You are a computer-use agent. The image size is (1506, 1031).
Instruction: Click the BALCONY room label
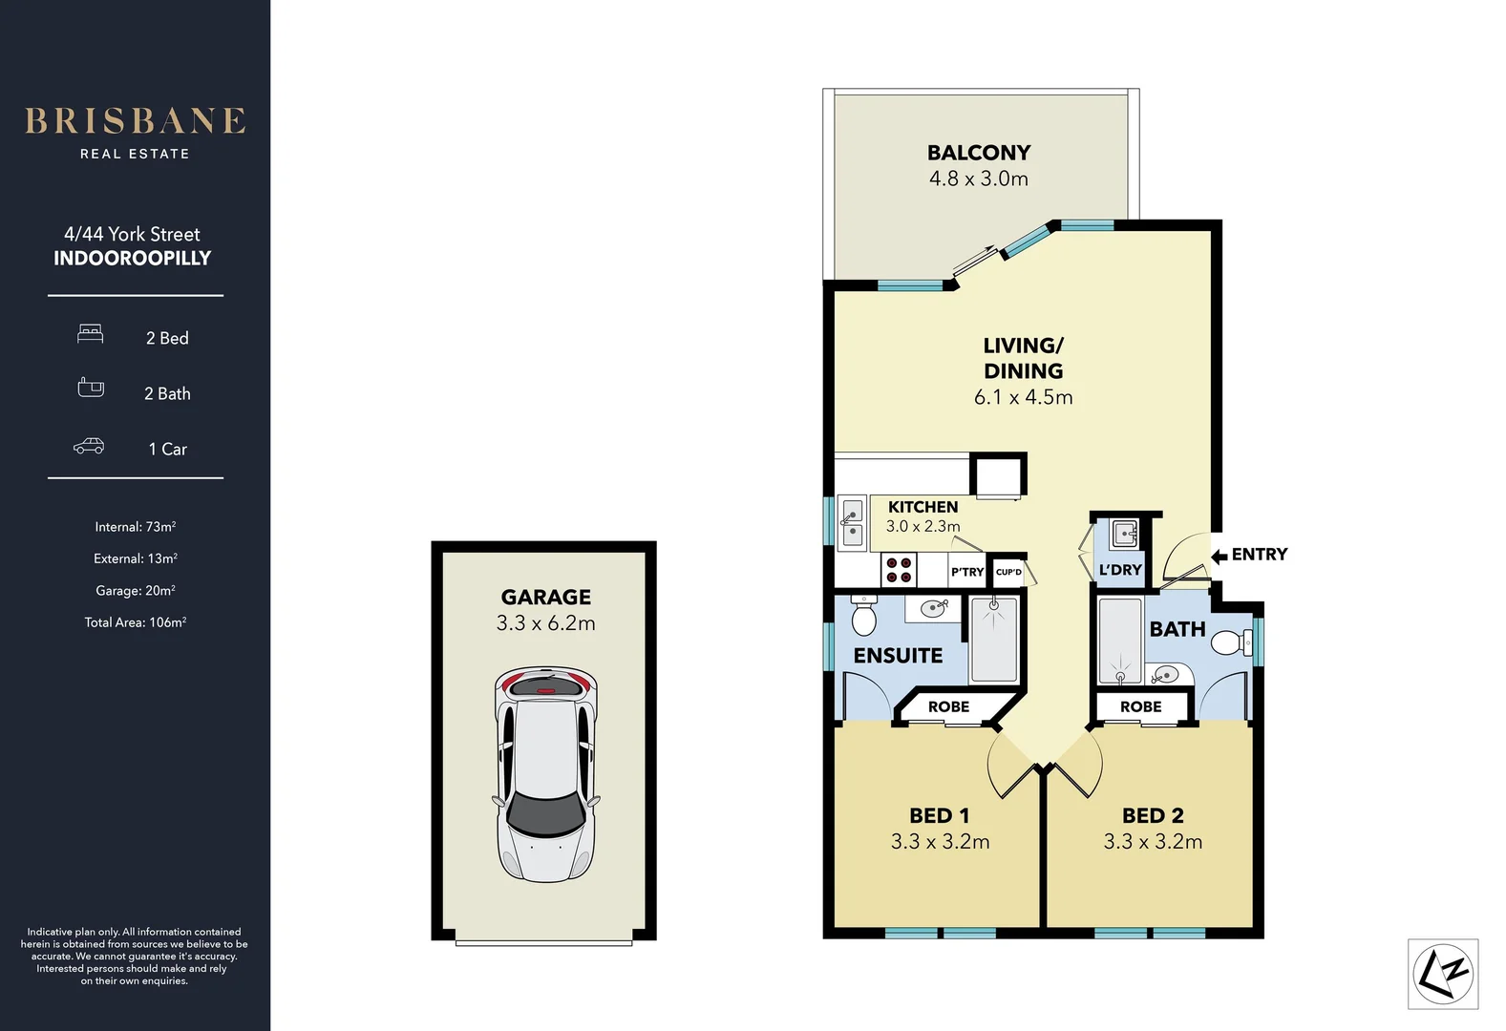978,153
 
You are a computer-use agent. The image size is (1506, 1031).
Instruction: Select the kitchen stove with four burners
899,570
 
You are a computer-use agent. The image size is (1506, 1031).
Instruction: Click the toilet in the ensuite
863,615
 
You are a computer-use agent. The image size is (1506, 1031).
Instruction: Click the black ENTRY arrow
1220,556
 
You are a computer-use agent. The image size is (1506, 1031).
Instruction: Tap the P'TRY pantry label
966,572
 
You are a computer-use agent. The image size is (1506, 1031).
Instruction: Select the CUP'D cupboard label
1008,572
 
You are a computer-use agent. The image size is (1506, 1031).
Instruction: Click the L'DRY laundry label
1120,570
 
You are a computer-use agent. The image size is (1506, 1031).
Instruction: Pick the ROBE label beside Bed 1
948,706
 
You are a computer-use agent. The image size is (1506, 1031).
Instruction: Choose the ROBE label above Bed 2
1141,706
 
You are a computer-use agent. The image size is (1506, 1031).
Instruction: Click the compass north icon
1443,974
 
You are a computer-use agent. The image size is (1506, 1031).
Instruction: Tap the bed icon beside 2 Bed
90,334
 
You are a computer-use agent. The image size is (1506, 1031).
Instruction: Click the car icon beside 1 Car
89,446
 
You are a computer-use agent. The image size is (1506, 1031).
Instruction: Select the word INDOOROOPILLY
133,258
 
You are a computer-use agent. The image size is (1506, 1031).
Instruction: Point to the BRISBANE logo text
136,121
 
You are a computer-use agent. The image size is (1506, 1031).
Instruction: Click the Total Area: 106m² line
136,622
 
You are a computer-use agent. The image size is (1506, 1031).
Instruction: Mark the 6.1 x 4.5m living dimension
1024,397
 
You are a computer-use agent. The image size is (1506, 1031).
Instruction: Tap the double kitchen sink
853,523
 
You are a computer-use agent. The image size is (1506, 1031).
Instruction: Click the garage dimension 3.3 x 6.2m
546,623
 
